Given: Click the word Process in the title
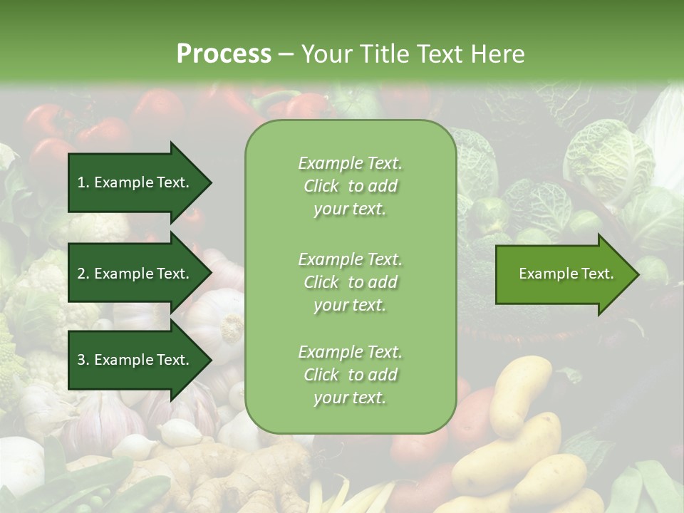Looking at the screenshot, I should (224, 54).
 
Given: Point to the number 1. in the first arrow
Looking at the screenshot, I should (83, 182).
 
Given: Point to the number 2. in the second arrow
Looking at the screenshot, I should (83, 274).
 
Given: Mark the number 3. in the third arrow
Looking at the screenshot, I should (83, 360).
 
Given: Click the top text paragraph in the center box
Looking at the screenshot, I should (351, 186).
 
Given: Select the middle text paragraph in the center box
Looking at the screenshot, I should (351, 282).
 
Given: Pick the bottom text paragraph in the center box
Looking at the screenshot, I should (351, 375).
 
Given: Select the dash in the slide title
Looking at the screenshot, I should (286, 54).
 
